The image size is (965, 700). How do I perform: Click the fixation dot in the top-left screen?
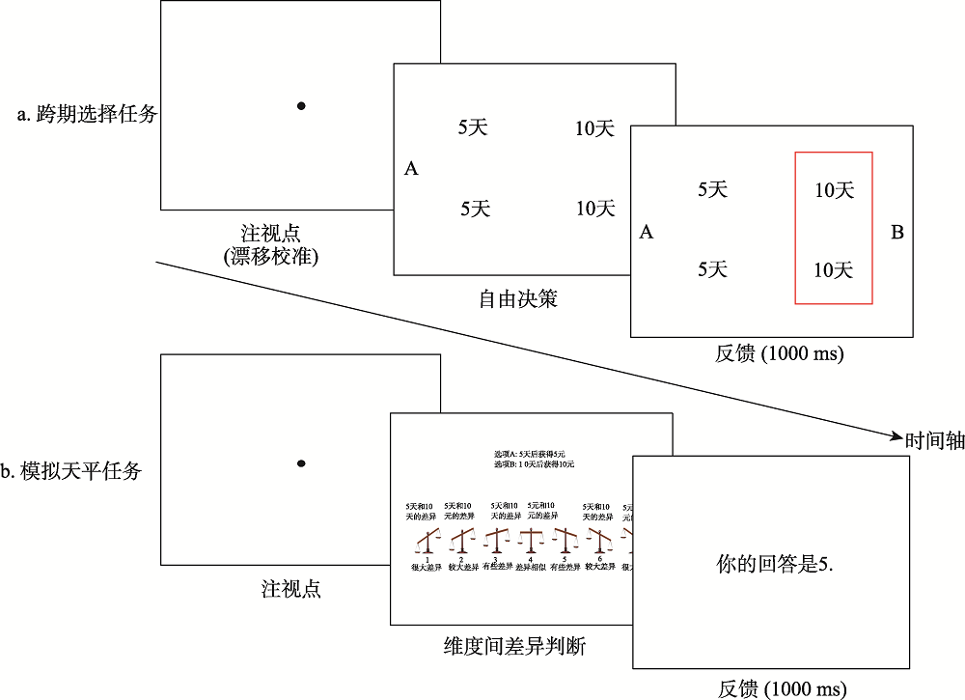coord(301,105)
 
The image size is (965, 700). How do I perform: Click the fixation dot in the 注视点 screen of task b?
coord(301,465)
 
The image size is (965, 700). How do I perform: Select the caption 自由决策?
coord(518,299)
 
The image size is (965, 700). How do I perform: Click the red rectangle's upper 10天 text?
coord(834,190)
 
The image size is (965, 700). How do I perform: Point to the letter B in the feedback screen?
coord(896,233)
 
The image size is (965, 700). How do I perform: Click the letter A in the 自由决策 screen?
coord(411,169)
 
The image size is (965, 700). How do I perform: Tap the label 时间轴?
coord(934,440)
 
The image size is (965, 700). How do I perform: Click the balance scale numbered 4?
coord(530,540)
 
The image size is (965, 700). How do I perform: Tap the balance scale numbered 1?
coord(427,540)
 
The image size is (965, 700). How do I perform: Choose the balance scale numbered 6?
coord(598,540)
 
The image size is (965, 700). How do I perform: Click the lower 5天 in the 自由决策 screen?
coord(476,208)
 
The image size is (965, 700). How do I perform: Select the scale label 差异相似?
coord(530,568)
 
